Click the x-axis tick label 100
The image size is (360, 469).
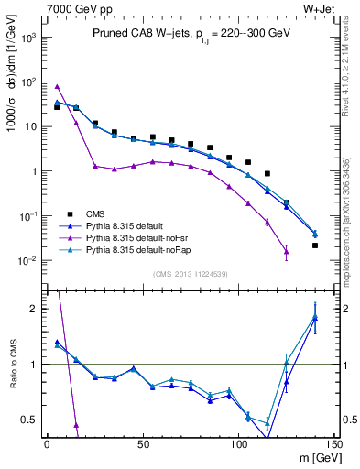[239, 444]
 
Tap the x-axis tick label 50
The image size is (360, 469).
[143, 444]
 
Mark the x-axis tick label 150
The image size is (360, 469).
[334, 444]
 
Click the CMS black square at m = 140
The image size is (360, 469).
[315, 245]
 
